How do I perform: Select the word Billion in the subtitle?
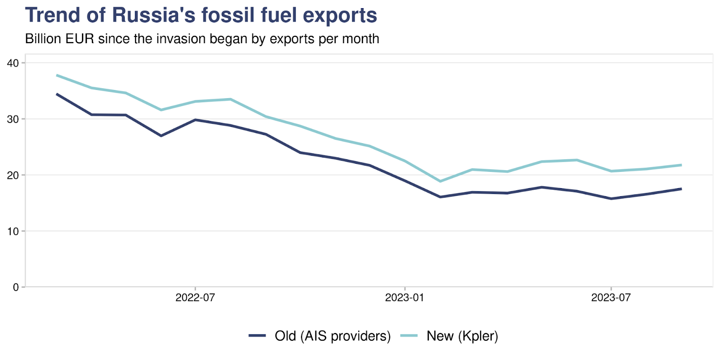pyautogui.click(x=43, y=39)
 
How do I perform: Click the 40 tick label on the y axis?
pyautogui.click(x=13, y=63)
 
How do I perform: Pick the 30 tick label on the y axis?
pyautogui.click(x=13, y=119)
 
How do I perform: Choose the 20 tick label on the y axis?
pyautogui.click(x=13, y=175)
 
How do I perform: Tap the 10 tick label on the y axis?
pyautogui.click(x=13, y=231)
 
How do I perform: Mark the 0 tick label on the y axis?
pyautogui.click(x=16, y=287)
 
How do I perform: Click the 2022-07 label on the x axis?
pyautogui.click(x=195, y=297)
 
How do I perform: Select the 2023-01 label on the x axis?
pyautogui.click(x=405, y=297)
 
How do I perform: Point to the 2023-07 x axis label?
pyautogui.click(x=611, y=297)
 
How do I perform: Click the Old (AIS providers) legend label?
pyautogui.click(x=333, y=336)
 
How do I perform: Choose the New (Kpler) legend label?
pyautogui.click(x=462, y=336)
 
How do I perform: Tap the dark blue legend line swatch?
pyautogui.click(x=257, y=336)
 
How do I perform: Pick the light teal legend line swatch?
pyautogui.click(x=409, y=336)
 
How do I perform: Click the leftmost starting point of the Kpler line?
pyautogui.click(x=57, y=75)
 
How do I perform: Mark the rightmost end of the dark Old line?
pyautogui.click(x=681, y=189)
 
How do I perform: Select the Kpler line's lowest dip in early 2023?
pyautogui.click(x=440, y=181)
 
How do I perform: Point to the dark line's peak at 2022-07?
pyautogui.click(x=195, y=120)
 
